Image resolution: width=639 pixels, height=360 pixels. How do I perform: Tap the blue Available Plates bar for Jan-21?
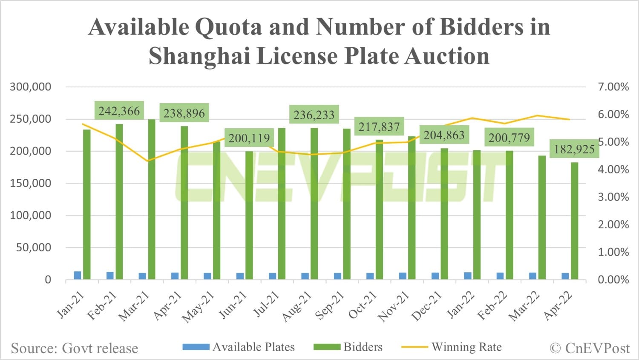(78, 275)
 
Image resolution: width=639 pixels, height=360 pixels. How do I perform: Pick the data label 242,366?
(119, 111)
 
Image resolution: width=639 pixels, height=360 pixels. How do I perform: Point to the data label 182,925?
(574, 149)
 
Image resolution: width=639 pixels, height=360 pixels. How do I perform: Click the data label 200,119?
(249, 138)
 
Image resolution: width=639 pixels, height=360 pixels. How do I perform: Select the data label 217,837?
(379, 127)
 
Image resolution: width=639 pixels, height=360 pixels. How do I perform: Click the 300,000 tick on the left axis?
(31, 87)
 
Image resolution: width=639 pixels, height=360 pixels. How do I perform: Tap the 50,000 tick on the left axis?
(34, 248)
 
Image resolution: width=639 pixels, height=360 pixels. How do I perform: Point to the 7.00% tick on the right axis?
(613, 87)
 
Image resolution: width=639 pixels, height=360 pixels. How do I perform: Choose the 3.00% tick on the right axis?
(613, 197)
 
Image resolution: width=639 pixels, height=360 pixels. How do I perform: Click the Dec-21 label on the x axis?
(426, 307)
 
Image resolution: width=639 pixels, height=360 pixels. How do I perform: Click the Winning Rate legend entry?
(452, 347)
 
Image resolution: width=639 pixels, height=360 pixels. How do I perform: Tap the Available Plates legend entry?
(239, 347)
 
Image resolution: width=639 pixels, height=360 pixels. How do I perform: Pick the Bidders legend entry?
(348, 347)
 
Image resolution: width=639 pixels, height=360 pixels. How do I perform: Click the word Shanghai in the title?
(199, 56)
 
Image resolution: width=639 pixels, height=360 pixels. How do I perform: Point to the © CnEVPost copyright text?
(590, 348)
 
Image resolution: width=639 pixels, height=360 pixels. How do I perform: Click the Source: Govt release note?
(75, 348)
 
